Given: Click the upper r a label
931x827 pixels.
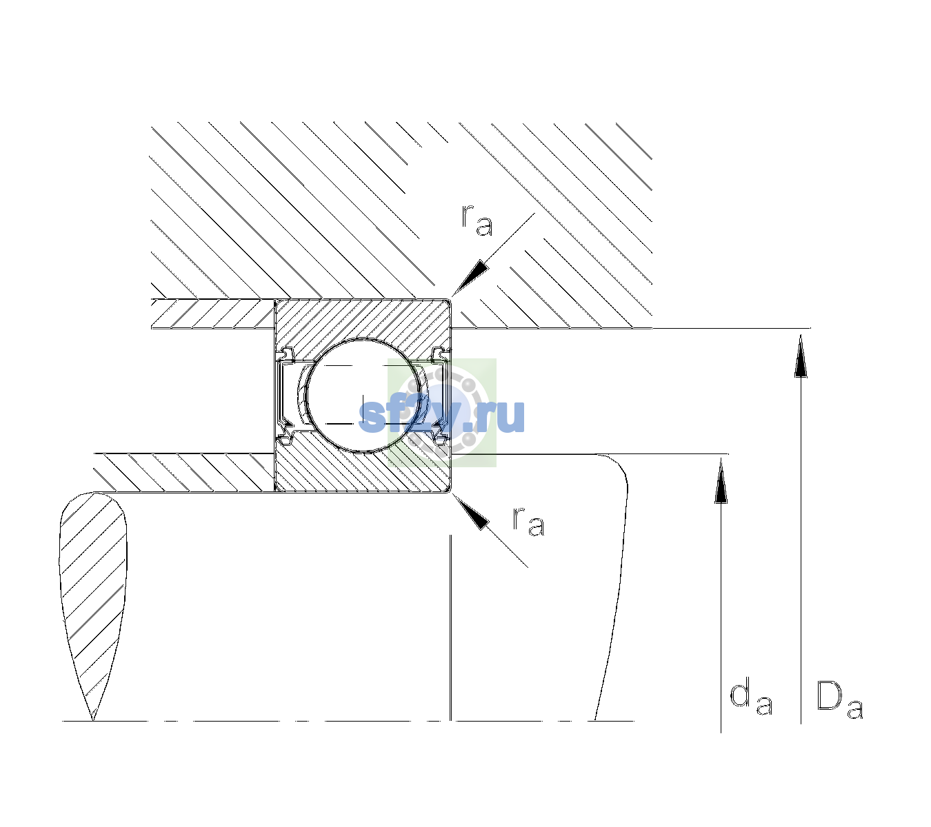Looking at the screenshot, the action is point(477,221).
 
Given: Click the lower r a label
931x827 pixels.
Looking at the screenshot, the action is point(528,522).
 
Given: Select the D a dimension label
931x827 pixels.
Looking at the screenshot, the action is point(839,700).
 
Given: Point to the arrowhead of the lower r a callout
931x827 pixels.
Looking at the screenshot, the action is point(470,511).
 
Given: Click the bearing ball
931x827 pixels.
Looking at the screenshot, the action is point(363,396).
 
